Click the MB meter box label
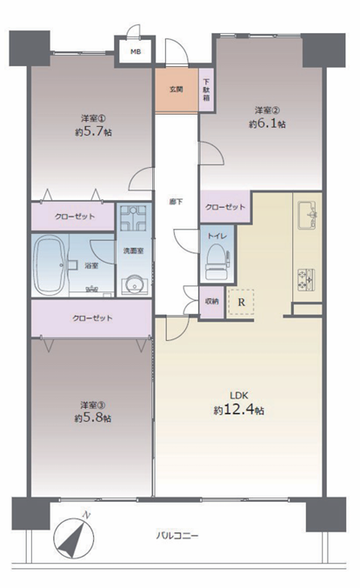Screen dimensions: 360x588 tap(136, 51)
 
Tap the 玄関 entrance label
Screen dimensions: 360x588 tap(177, 90)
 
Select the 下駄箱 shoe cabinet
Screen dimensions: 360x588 tap(207, 90)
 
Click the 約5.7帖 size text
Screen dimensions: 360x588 tap(93, 132)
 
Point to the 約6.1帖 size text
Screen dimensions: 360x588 tap(267, 124)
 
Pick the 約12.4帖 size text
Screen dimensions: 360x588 tap(239, 411)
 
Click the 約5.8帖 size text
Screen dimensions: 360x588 tap(93, 418)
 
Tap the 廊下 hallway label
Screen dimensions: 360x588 tap(177, 202)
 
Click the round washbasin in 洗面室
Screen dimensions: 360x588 tap(134, 286)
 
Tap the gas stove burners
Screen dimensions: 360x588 tap(306, 280)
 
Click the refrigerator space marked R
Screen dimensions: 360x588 tap(241, 302)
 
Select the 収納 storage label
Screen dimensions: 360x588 tap(212, 302)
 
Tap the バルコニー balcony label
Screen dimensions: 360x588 tap(177, 536)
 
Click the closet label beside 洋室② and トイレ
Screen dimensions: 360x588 tap(225, 207)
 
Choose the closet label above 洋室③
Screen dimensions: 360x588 tap(92, 318)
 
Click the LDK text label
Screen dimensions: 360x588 tap(239, 395)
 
